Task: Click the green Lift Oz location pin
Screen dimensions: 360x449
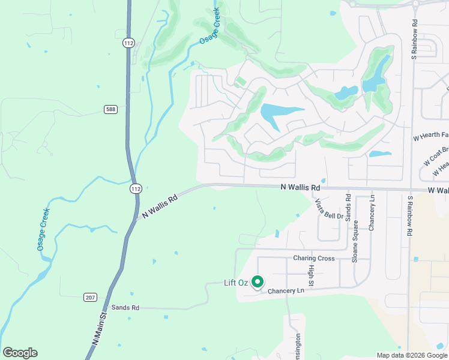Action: [x=258, y=281]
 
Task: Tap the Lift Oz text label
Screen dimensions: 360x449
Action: [x=237, y=282]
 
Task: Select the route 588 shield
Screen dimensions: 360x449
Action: [x=109, y=109]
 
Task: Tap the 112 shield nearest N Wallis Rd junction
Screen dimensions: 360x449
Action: [x=136, y=188]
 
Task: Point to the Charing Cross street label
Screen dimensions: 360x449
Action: [x=313, y=259]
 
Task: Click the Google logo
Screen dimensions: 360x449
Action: [x=20, y=353]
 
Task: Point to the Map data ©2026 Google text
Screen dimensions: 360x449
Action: [x=411, y=355]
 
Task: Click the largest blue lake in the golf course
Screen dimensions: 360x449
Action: [x=279, y=113]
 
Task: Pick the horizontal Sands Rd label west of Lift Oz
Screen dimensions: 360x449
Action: [x=125, y=307]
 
